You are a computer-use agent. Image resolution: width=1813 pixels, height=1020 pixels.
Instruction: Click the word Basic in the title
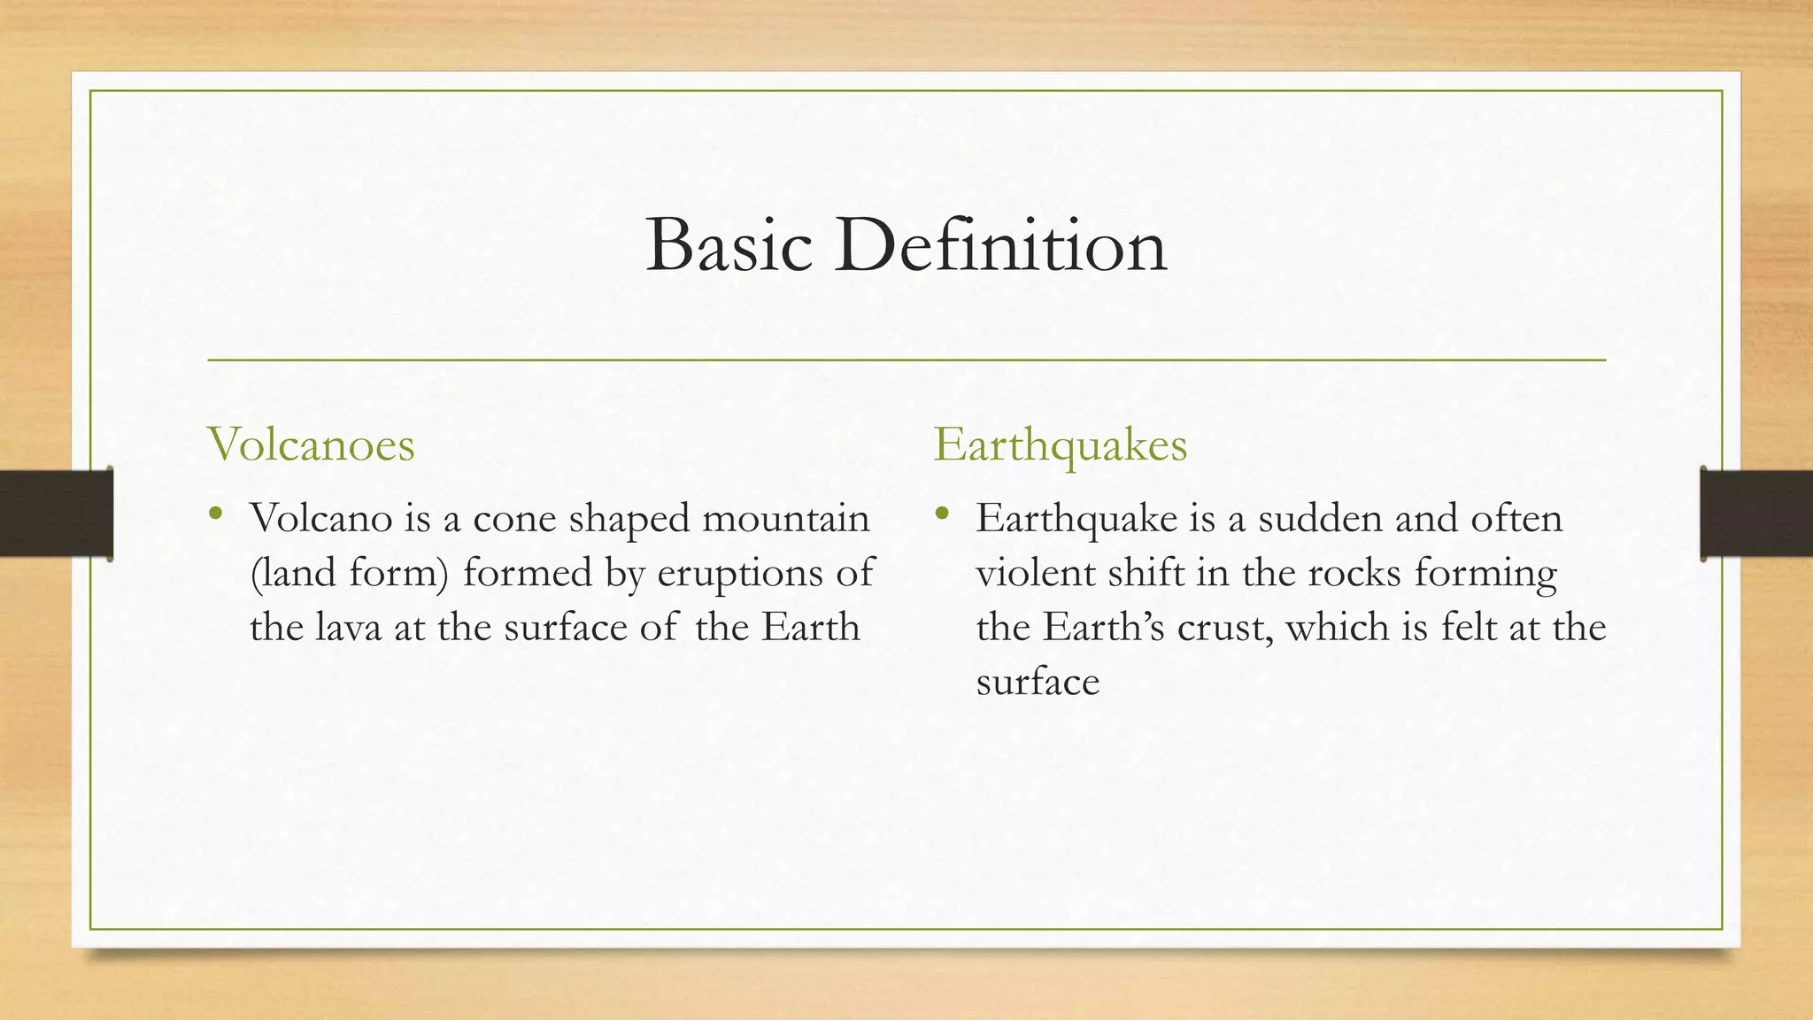[x=729, y=245]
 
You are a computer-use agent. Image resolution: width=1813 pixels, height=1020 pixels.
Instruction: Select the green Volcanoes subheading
[x=311, y=444]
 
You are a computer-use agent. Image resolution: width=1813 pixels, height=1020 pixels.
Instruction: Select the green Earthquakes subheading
[x=1060, y=444]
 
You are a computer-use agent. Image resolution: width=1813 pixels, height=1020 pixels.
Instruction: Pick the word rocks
[x=1355, y=573]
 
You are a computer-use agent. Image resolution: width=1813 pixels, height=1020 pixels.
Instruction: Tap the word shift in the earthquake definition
[x=1138, y=573]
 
